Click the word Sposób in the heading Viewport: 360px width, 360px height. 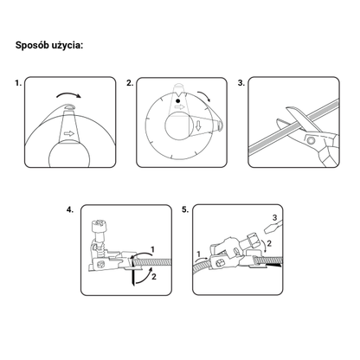pos(32,46)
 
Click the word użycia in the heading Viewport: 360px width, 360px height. pos(67,46)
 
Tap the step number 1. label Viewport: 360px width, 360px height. pos(18,83)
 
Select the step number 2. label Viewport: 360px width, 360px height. pos(130,83)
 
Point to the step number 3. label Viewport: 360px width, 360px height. pos(241,83)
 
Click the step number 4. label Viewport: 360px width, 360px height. pos(70,209)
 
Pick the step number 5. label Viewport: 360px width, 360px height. pos(185,209)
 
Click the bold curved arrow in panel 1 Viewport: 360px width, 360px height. pos(68,94)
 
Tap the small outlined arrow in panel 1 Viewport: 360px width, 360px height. pos(69,133)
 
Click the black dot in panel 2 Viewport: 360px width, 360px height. pos(178,100)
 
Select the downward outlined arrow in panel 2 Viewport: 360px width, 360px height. pos(198,125)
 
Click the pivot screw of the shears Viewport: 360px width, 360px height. pos(311,141)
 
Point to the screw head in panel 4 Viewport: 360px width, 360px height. pos(99,224)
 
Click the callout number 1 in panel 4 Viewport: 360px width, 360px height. pos(153,249)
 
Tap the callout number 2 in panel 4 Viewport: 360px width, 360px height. pos(154,277)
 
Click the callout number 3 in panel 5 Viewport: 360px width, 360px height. pos(274,217)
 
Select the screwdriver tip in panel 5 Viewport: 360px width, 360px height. pos(267,230)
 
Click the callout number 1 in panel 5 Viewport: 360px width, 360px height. pos(198,254)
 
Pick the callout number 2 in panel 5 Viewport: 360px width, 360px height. pos(269,243)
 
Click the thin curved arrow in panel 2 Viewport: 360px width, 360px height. pos(204,96)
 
